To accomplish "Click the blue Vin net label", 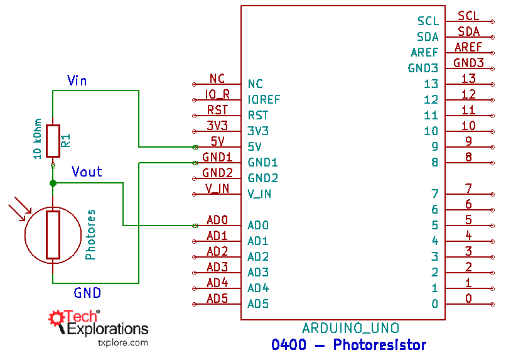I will (77, 80).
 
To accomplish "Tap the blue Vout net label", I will (87, 172).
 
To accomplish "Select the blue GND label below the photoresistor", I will (87, 293).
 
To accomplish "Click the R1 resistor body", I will (53, 141).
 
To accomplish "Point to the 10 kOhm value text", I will (37, 138).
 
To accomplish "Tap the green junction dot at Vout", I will (53, 183).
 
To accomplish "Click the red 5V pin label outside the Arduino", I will (217, 141).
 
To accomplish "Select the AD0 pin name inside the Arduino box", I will (258, 225).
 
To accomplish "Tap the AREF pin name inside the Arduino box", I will (424, 53).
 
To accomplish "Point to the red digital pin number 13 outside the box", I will (468, 79).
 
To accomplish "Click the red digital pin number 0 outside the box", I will (468, 298).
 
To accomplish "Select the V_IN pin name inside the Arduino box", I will (259, 194).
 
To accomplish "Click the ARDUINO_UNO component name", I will (350, 328).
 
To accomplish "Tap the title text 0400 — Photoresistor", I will (348, 345).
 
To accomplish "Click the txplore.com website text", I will (123, 342).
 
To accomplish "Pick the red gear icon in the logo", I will (57, 317).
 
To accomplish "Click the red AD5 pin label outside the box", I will (217, 298).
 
